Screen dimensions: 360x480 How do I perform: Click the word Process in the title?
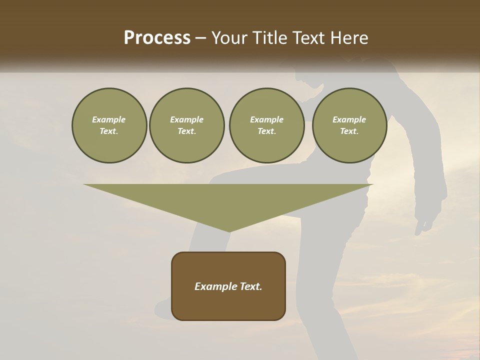click(157, 38)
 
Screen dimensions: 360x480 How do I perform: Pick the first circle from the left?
click(109, 125)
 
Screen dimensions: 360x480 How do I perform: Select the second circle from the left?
click(187, 125)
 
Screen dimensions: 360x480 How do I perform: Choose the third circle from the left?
click(266, 125)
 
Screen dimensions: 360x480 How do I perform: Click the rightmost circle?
click(349, 125)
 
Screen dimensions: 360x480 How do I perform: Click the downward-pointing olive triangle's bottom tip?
click(229, 230)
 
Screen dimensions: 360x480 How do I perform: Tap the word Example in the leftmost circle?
click(109, 119)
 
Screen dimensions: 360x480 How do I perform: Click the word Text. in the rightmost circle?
click(349, 131)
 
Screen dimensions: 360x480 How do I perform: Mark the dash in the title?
click(201, 38)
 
